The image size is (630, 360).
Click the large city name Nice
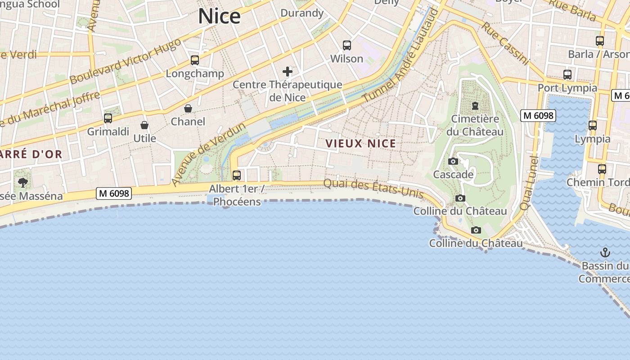(x=220, y=16)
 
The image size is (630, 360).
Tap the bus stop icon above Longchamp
(x=195, y=60)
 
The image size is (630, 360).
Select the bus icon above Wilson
(x=346, y=45)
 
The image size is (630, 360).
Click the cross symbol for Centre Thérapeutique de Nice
(x=287, y=72)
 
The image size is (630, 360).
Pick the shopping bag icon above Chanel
(x=188, y=108)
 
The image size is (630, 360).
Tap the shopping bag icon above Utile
(x=144, y=125)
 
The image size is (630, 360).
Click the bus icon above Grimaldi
(x=108, y=118)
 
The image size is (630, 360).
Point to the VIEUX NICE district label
(x=360, y=144)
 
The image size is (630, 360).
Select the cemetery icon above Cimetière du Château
(x=475, y=106)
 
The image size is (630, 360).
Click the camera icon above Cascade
(x=453, y=162)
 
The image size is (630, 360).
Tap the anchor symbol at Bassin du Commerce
(x=605, y=252)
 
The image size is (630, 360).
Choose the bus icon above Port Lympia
(x=567, y=75)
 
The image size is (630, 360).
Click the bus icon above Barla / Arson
(x=600, y=41)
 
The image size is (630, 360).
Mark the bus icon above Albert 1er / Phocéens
(x=237, y=175)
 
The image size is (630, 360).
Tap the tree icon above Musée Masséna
(x=22, y=183)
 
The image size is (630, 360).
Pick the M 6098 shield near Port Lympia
(x=538, y=116)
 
